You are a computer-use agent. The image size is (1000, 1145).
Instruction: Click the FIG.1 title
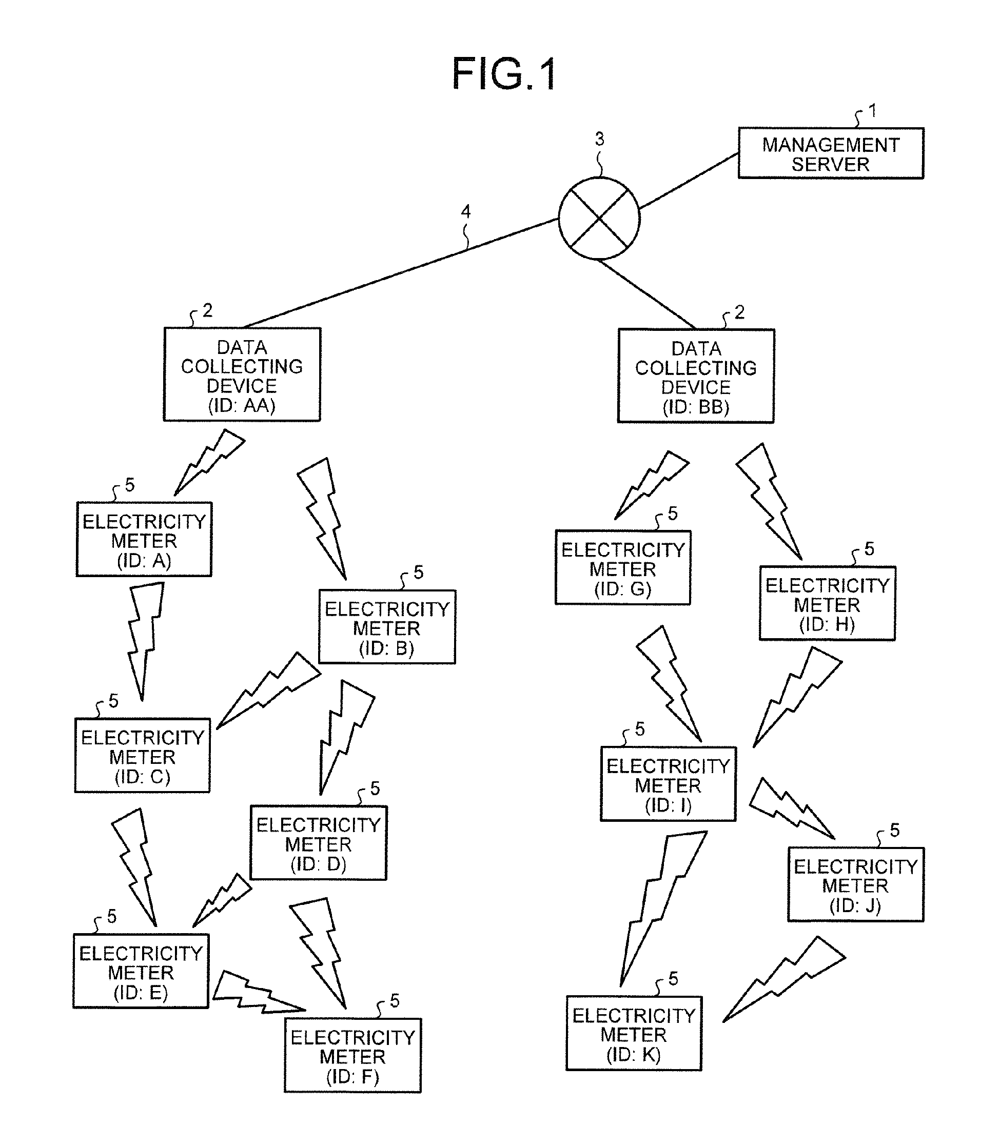pos(504,74)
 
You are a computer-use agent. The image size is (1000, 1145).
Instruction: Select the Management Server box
pos(830,153)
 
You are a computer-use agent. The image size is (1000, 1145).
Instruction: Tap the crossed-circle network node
pos(599,218)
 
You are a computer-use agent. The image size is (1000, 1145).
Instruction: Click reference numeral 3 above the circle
pos(599,139)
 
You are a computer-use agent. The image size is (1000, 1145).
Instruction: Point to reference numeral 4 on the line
pos(465,211)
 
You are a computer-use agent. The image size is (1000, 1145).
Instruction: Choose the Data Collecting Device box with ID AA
pos(242,374)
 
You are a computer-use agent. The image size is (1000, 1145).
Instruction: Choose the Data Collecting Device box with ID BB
pos(696,376)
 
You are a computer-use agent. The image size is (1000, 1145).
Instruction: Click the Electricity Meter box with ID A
pos(144,540)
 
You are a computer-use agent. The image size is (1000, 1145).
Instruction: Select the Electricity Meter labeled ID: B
pos(387,627)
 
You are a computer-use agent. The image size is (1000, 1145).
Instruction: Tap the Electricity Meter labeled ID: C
pos(142,756)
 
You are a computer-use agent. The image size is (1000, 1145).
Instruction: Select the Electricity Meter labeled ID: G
pos(623,568)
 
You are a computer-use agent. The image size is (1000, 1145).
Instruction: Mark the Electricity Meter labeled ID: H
pos(827,604)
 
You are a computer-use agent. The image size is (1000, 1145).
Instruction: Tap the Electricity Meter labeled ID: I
pos(668,784)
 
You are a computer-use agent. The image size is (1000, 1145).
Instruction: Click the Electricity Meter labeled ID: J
pos(855,885)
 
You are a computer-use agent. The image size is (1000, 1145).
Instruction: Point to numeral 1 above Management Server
pos(872,110)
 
